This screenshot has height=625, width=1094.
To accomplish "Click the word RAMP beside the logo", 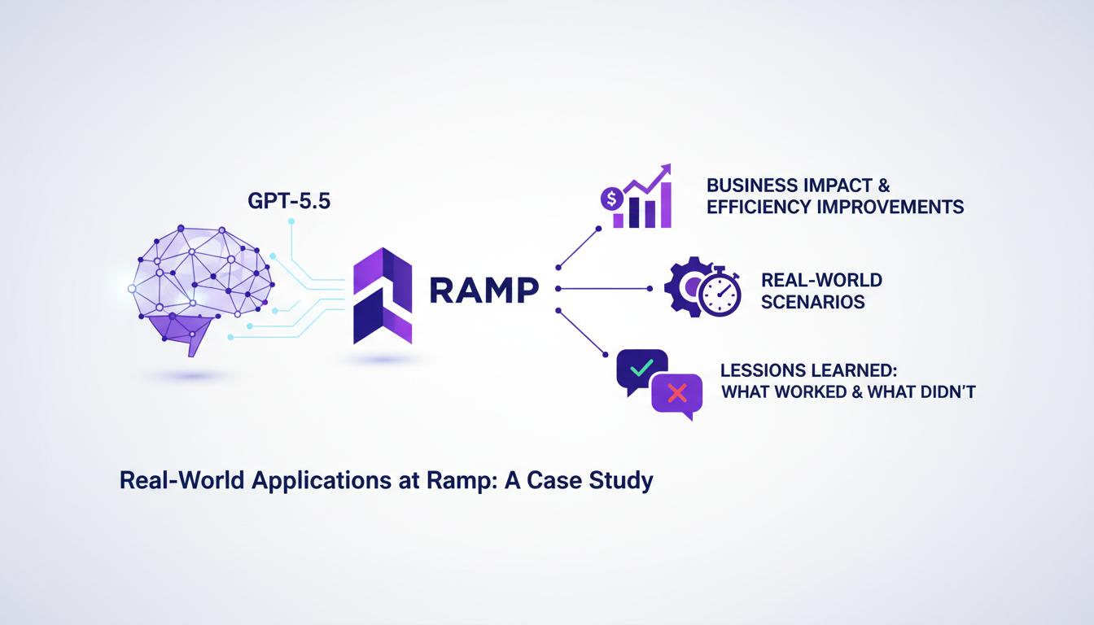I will click(x=484, y=290).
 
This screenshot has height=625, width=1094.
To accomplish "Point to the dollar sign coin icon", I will click(x=610, y=198).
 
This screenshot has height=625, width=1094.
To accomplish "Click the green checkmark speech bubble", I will click(x=641, y=369).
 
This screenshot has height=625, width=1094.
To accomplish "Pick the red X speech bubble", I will click(x=676, y=395).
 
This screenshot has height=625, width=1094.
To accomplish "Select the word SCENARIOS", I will click(x=812, y=302).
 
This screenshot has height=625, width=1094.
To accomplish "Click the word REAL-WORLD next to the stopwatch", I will click(x=821, y=280).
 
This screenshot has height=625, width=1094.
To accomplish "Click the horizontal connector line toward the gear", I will click(x=602, y=288).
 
